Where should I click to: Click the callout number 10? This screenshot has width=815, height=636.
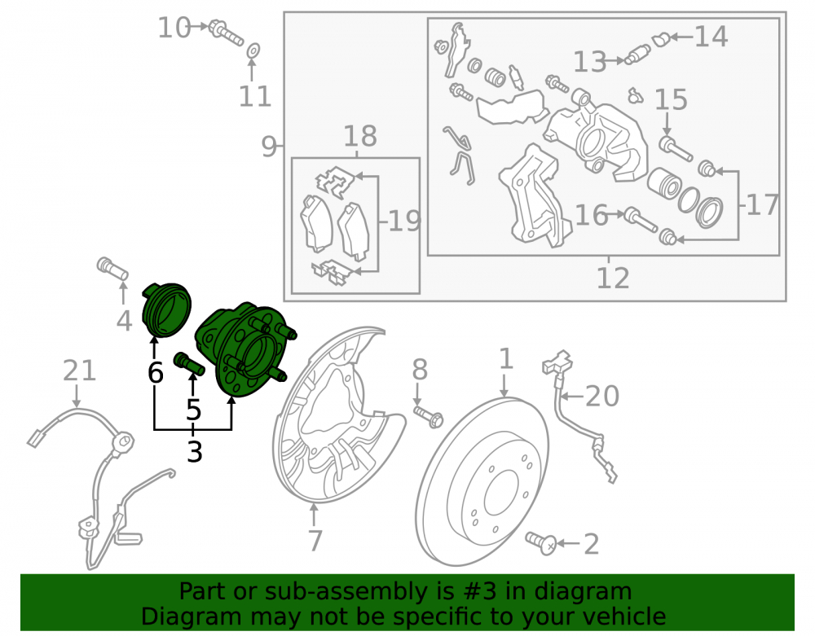point(174,28)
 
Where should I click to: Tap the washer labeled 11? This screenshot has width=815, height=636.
point(253,50)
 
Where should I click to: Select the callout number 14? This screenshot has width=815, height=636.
point(711,37)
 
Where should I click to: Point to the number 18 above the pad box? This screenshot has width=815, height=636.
point(360,136)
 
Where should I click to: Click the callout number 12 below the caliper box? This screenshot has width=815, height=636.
point(614,278)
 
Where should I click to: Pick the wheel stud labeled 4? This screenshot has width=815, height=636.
point(112,268)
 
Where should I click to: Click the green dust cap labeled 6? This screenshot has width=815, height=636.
point(166,310)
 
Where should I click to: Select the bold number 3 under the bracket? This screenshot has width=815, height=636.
point(194,452)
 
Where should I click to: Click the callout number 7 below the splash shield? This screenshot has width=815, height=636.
point(315,540)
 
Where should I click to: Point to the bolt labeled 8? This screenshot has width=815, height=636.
point(429,417)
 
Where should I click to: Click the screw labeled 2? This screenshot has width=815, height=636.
point(541,543)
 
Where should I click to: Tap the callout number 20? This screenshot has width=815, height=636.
point(602,396)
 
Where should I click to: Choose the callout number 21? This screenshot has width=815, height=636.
point(79,371)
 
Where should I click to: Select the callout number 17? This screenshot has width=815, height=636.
point(763,204)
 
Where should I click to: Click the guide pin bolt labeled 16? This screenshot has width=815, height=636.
point(641,220)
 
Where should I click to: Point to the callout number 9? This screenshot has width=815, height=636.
point(269,147)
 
